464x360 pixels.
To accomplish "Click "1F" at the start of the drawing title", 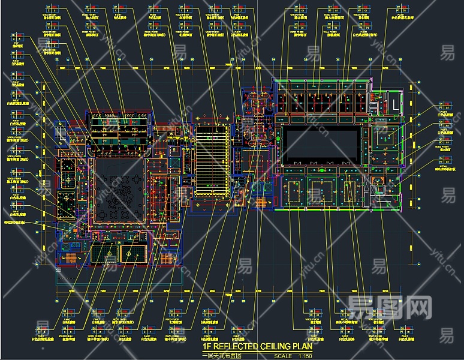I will click(207, 346).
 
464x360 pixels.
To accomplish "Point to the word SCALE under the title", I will click(282, 356).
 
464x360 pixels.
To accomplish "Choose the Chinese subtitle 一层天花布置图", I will click(222, 355).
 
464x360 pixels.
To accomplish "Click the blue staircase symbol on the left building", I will click(62, 132).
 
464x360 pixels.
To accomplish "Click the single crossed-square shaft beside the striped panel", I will click(174, 162).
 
